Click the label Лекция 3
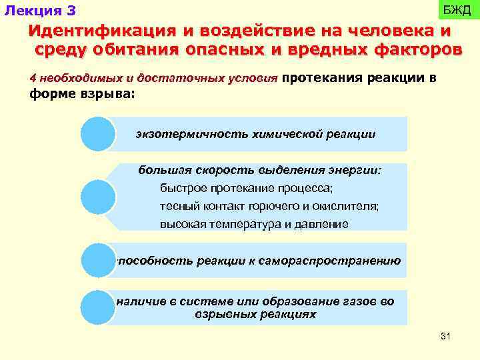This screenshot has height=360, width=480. point(41,11)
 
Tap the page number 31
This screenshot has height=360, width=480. point(446,335)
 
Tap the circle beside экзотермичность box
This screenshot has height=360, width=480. point(98,134)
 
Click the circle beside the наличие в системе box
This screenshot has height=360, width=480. point(98,307)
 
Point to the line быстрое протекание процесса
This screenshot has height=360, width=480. point(246,188)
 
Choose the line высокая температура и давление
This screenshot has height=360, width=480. point(254,225)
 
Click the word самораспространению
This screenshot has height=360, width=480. point(333,261)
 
